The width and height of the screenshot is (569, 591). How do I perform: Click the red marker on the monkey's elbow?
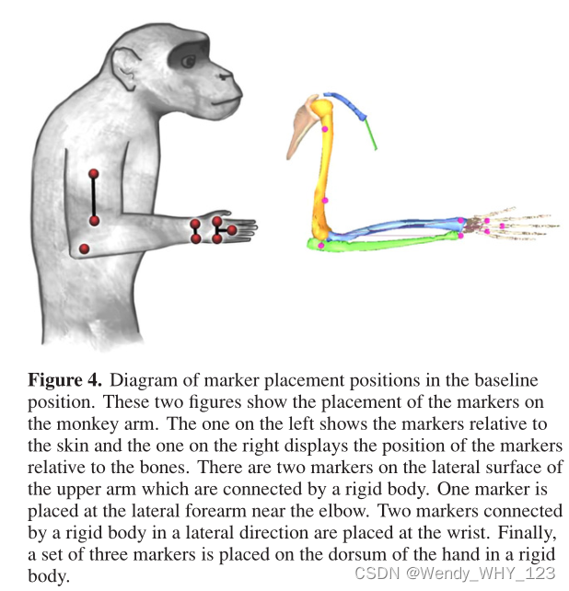coord(84,249)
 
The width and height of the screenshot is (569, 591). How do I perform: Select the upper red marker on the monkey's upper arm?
coord(93,173)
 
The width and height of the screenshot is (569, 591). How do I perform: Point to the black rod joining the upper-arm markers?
coord(93,196)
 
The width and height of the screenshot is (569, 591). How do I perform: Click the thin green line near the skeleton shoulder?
coord(371,133)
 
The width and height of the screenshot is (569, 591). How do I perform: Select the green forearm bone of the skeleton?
coord(387,241)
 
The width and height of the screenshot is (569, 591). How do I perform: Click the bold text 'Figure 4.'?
coord(59,380)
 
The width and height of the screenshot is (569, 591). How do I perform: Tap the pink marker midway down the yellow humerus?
coord(325,199)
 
